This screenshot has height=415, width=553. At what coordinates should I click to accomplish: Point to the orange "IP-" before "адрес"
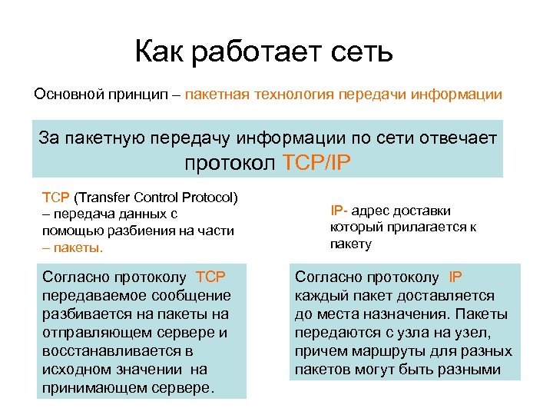pos(340,211)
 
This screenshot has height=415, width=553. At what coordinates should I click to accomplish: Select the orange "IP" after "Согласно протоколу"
pos(456,277)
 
